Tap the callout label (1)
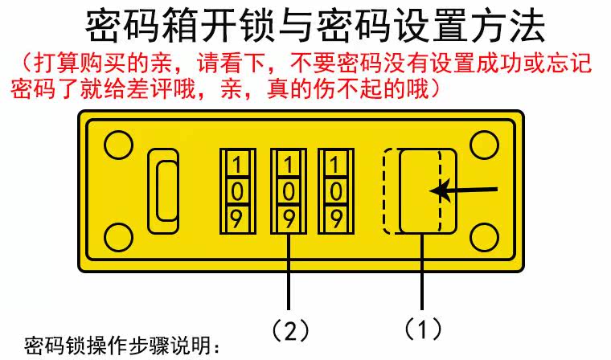point(423,329)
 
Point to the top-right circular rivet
point(485,145)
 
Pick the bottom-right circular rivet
point(485,238)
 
